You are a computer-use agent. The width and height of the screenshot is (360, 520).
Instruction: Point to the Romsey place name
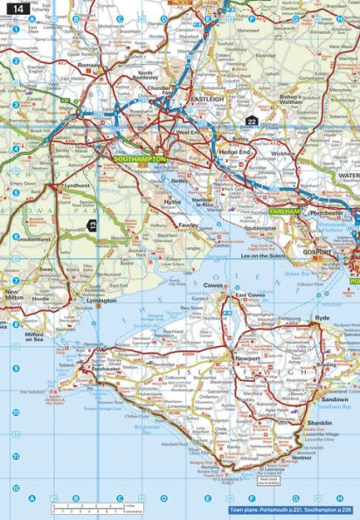(x=90, y=66)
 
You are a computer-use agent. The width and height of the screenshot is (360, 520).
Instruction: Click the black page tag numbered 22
(x=253, y=121)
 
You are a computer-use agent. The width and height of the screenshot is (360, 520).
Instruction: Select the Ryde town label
(x=323, y=318)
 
